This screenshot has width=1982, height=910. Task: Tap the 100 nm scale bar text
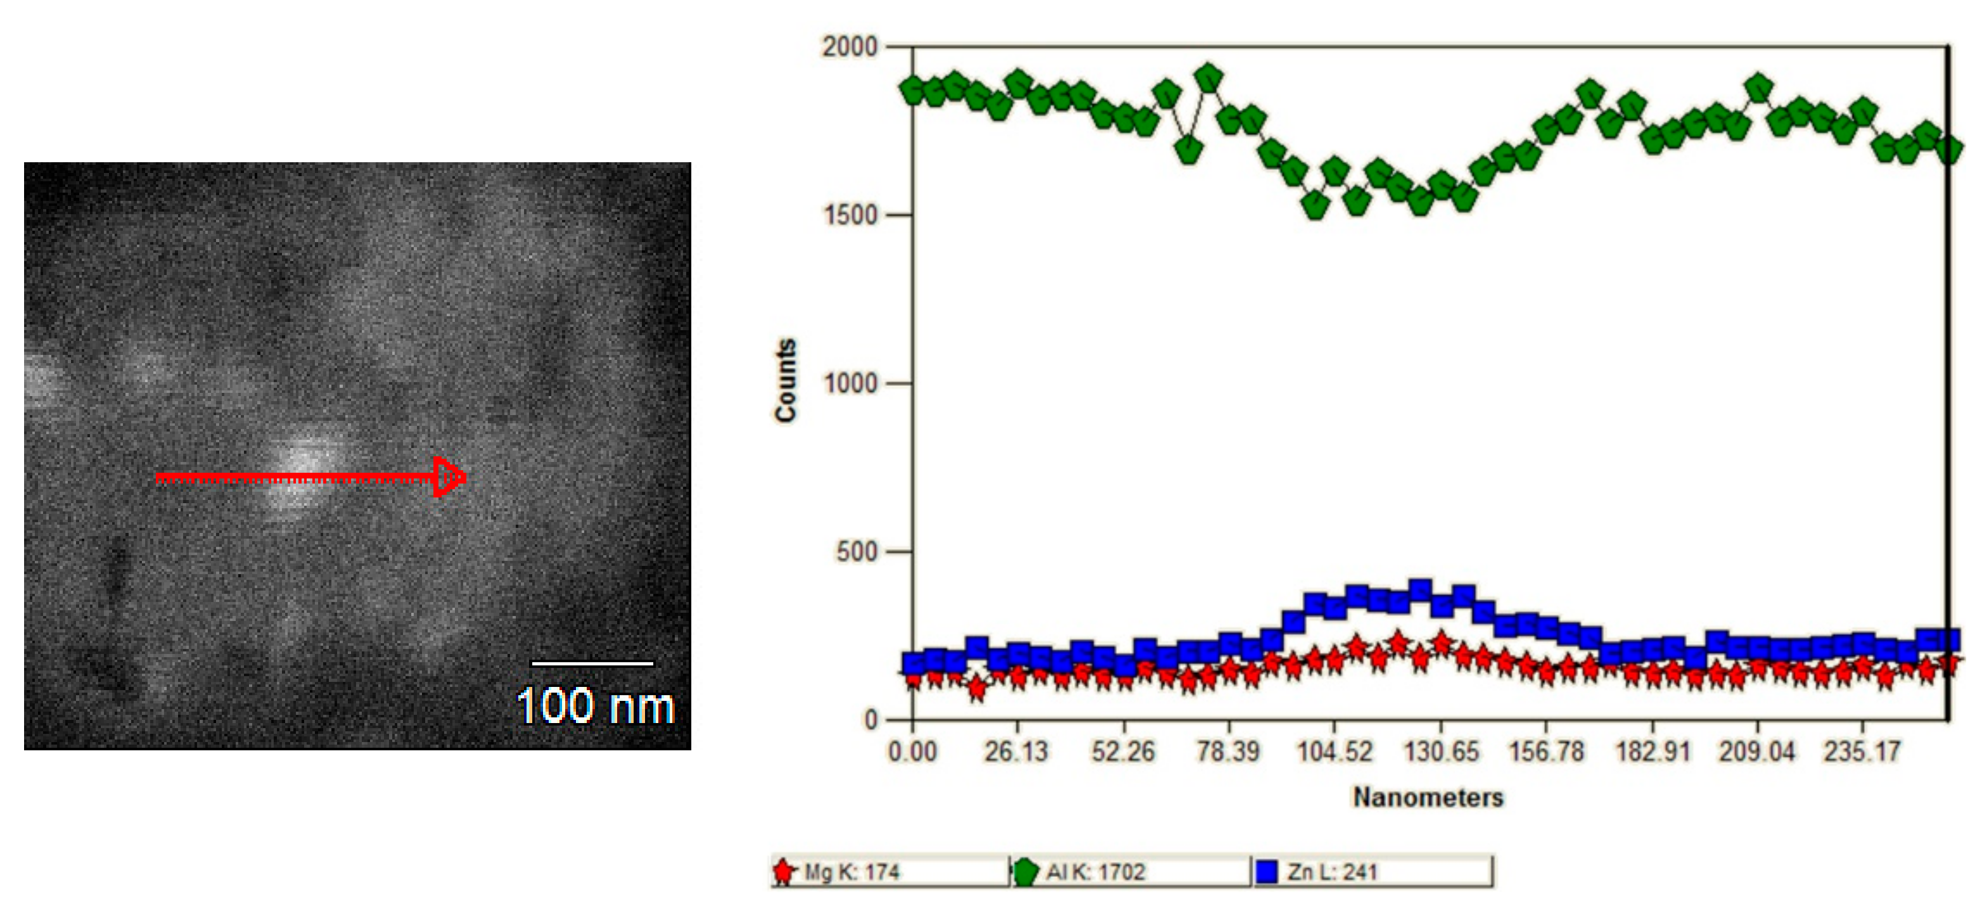(x=595, y=705)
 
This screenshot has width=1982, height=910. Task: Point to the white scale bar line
(x=592, y=662)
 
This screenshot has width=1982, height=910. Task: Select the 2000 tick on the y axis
(x=850, y=46)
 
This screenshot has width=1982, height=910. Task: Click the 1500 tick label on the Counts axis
(x=850, y=215)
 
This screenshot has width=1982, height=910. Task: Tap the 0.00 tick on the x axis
(x=912, y=751)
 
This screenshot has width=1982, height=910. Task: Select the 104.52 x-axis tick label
(x=1334, y=751)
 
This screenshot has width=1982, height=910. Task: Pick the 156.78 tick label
(x=1546, y=751)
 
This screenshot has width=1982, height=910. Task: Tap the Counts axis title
(x=786, y=381)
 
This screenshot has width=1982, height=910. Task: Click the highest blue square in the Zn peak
(x=1419, y=590)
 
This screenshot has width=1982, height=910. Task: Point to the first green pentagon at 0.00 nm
(x=912, y=89)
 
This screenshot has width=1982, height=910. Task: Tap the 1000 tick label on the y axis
(x=850, y=383)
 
